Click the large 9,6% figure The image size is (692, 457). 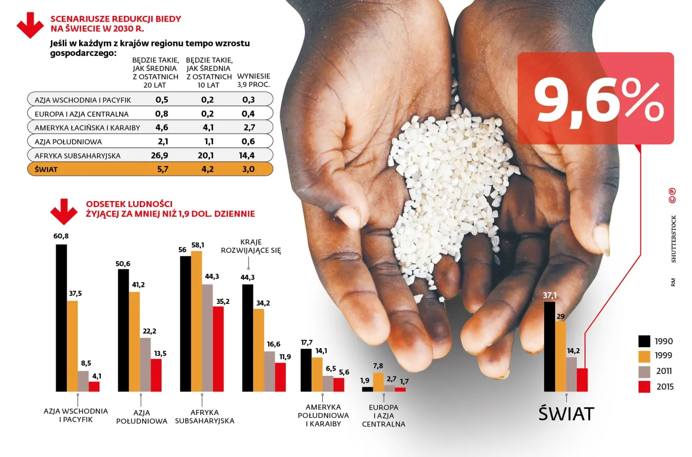pos(598,101)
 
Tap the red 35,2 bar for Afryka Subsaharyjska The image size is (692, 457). pos(218,349)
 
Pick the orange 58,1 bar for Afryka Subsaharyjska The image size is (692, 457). pos(196,321)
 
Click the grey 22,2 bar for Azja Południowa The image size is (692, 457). pos(145,365)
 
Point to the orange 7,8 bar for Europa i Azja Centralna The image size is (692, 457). pos(378,382)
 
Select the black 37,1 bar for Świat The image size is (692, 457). pos(549,346)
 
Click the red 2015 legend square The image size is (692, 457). pos(644,387)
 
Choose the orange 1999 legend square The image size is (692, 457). pos(644,356)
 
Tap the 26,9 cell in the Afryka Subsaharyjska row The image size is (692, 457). pos(160,156)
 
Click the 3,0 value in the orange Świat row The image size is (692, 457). pos(248,169)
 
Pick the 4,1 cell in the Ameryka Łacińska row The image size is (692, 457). pos(208,127)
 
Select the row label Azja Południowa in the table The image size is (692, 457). pos(68,142)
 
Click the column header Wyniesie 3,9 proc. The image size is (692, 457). pos(254,81)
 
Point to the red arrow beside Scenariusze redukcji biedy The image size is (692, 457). pos(30,25)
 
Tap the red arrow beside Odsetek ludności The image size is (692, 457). pos(64,211)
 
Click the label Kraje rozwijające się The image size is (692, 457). pos(251,246)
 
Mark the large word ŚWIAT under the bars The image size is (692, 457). pos(566,414)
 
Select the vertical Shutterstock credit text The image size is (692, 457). pos(673,239)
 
